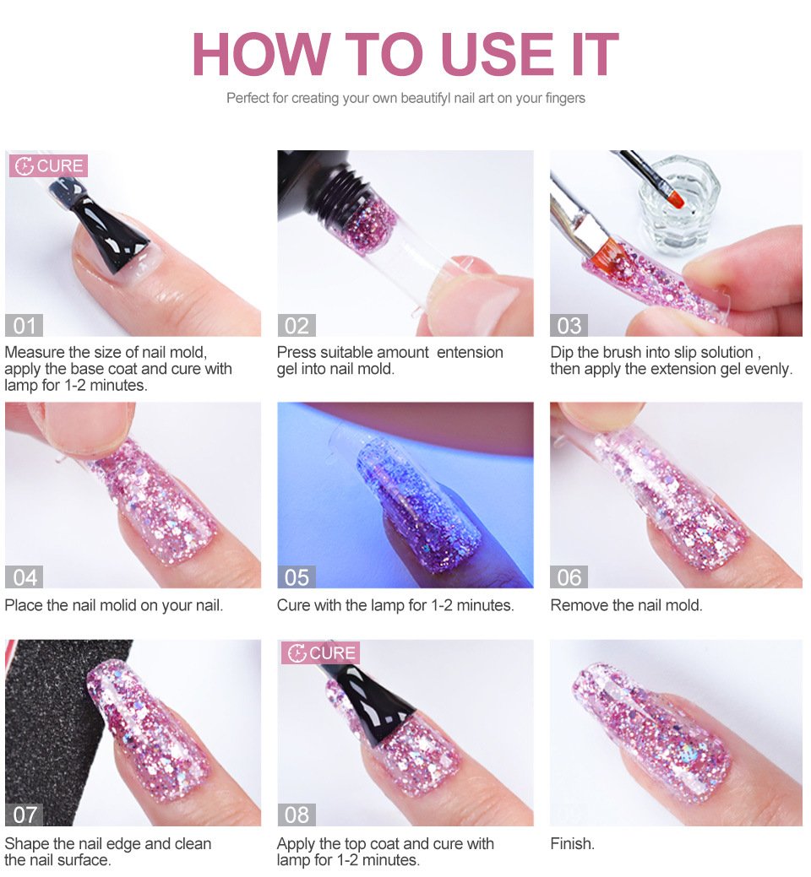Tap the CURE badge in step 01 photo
tap(48, 165)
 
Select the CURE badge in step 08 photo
tap(320, 652)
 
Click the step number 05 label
tap(297, 577)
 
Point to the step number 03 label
tap(569, 326)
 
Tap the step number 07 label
tap(24, 815)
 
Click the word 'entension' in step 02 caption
tap(470, 352)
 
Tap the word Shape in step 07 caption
tap(24, 844)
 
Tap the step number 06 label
tap(569, 577)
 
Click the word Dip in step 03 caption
tap(562, 352)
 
